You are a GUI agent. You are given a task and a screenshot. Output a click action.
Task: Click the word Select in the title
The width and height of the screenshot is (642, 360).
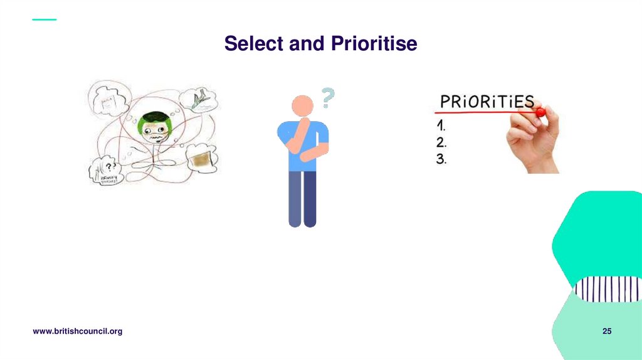253,44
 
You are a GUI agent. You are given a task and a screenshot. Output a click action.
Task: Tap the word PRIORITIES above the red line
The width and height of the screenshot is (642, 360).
486,102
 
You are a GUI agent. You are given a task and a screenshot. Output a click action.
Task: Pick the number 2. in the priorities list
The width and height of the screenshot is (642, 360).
441,142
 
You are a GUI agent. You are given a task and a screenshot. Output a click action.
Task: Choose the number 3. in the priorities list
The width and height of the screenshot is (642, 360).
441,159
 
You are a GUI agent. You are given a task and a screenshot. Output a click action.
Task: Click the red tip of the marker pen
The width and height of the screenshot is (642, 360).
540,112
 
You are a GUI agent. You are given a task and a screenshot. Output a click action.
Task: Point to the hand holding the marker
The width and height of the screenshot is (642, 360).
533,141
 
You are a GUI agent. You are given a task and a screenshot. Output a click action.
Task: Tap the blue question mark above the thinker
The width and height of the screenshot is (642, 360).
328,98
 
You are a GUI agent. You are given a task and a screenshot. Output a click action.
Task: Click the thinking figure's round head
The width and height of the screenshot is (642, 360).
302,106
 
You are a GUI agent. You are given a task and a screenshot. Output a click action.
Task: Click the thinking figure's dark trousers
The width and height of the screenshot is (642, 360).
302,198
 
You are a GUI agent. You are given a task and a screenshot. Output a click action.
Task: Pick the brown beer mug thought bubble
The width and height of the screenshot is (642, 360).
201,159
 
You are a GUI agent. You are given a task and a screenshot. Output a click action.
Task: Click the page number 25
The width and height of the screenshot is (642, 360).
606,331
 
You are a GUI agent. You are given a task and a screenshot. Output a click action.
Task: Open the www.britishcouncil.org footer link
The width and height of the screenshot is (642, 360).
77,331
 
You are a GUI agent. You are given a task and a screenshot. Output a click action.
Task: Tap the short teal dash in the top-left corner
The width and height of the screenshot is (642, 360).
44,19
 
